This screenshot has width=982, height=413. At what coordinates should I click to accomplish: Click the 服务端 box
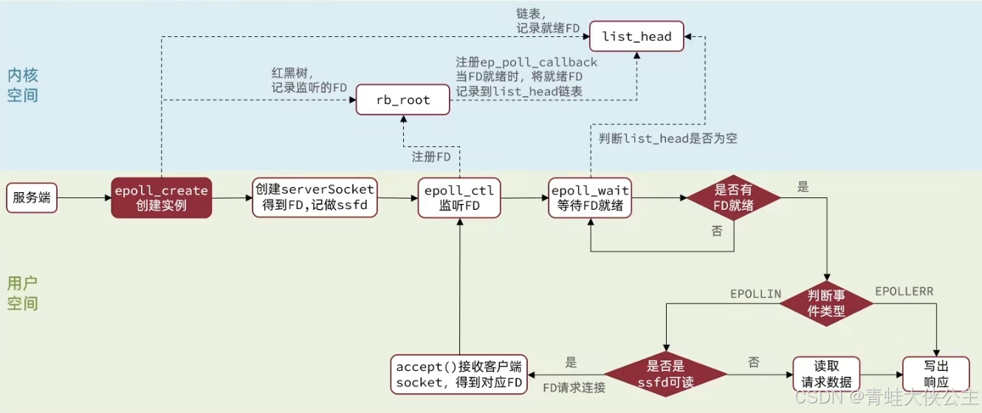tap(32, 198)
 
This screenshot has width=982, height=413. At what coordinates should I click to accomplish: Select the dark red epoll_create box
tap(162, 198)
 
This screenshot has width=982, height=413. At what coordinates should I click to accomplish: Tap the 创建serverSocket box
tap(315, 197)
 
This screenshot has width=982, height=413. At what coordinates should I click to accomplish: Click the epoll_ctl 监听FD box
tap(459, 198)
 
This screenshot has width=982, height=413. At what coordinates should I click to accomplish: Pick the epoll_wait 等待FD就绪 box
tap(591, 198)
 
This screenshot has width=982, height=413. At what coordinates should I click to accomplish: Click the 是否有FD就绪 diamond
tap(733, 198)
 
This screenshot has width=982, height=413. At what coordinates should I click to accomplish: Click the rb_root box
tap(403, 100)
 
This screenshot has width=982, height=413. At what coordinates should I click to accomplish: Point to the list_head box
tap(637, 36)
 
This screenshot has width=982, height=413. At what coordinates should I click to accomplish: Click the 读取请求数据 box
tap(826, 373)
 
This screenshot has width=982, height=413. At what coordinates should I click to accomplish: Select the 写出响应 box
tap(936, 373)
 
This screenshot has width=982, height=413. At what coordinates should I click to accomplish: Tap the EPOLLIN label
tap(755, 293)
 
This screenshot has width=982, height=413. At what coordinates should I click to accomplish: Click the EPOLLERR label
tap(904, 292)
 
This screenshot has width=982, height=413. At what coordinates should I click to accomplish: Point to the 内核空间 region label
tap(23, 85)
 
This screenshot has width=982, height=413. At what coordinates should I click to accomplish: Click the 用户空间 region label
tap(23, 293)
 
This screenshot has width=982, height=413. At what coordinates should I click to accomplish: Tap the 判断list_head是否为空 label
tap(668, 138)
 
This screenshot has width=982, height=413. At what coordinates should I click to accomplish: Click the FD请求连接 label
tap(574, 387)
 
